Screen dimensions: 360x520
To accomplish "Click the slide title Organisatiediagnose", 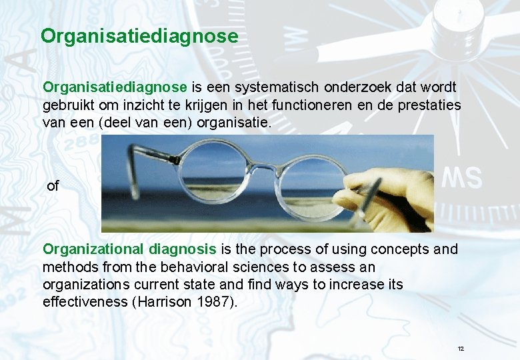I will point(139,35).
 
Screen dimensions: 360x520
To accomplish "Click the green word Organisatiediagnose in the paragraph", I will point(115,87).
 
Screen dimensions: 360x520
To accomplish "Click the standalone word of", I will point(53,187).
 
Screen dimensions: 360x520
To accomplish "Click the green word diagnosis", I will point(182,249).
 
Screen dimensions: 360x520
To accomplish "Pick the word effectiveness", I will point(86,302).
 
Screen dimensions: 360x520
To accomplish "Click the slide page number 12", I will point(461,349).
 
